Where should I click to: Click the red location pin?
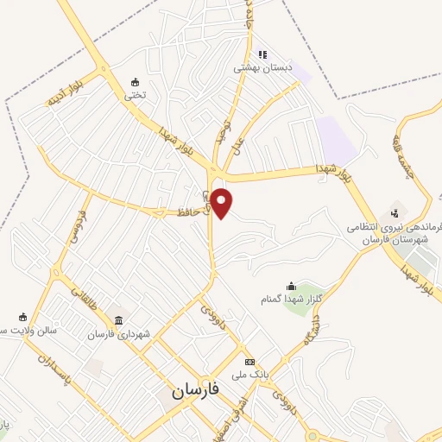(x=222, y=201)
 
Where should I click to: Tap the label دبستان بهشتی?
(x=267, y=66)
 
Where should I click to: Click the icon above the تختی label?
(x=135, y=82)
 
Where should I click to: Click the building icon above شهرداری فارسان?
(x=118, y=320)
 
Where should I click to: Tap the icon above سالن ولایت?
(x=23, y=317)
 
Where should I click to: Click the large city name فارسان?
(x=195, y=390)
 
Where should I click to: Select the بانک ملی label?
(x=250, y=375)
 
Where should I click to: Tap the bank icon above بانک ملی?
(x=249, y=362)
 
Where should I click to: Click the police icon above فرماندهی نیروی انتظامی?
(x=395, y=211)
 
